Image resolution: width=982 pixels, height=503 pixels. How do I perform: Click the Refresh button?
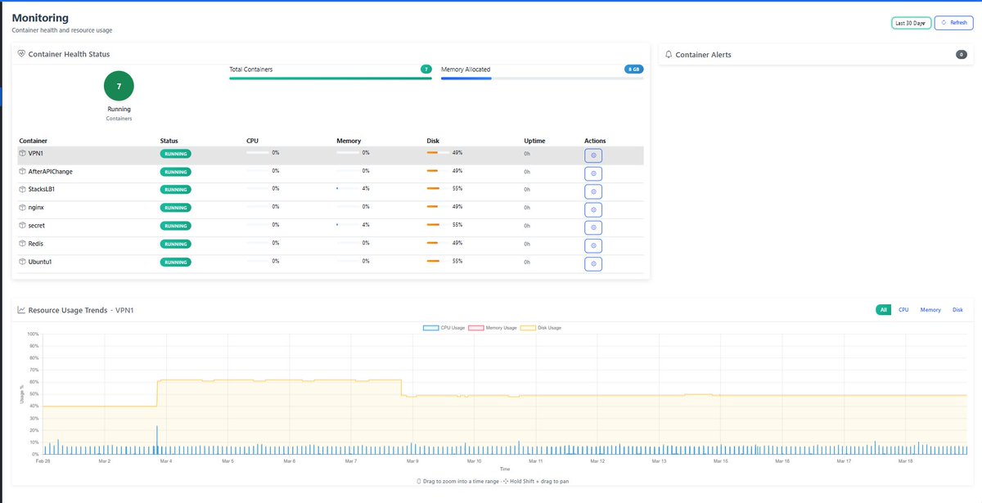point(953,23)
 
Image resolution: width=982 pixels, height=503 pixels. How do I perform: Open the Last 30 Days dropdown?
point(910,23)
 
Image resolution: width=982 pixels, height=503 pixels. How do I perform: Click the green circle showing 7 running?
point(119,86)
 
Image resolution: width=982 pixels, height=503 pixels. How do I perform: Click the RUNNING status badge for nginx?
point(175,208)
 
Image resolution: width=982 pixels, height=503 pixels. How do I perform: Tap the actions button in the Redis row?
point(593,245)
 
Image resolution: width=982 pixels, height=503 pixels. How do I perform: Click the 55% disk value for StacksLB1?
point(457,189)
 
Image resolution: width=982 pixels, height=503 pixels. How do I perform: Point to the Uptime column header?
point(534,141)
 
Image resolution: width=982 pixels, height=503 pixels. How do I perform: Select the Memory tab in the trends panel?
point(930,310)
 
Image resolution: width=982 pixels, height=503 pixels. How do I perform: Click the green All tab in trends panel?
point(884,310)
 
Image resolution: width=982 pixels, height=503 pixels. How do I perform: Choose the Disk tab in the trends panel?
point(957,310)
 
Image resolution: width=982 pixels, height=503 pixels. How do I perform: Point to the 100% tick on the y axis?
point(33,334)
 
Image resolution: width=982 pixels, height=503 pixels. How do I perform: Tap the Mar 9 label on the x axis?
point(412,461)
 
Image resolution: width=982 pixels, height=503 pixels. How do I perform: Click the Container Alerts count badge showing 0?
point(962,55)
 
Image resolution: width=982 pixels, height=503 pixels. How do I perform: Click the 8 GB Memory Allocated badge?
point(633,70)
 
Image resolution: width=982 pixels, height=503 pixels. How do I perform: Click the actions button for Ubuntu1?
point(593,263)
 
